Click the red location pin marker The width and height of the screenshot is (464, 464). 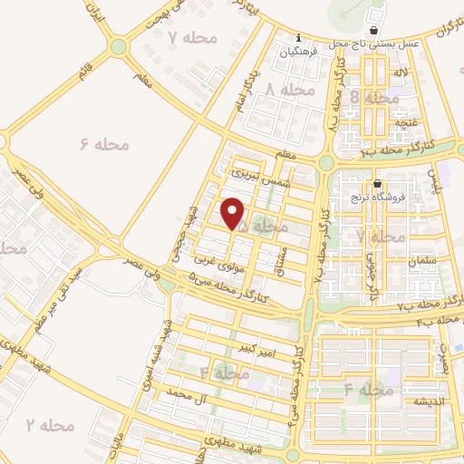(233, 213)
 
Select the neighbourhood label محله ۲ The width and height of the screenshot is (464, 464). (49, 424)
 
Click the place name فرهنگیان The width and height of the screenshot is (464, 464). (302, 53)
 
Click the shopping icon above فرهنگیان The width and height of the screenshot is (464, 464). (302, 39)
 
